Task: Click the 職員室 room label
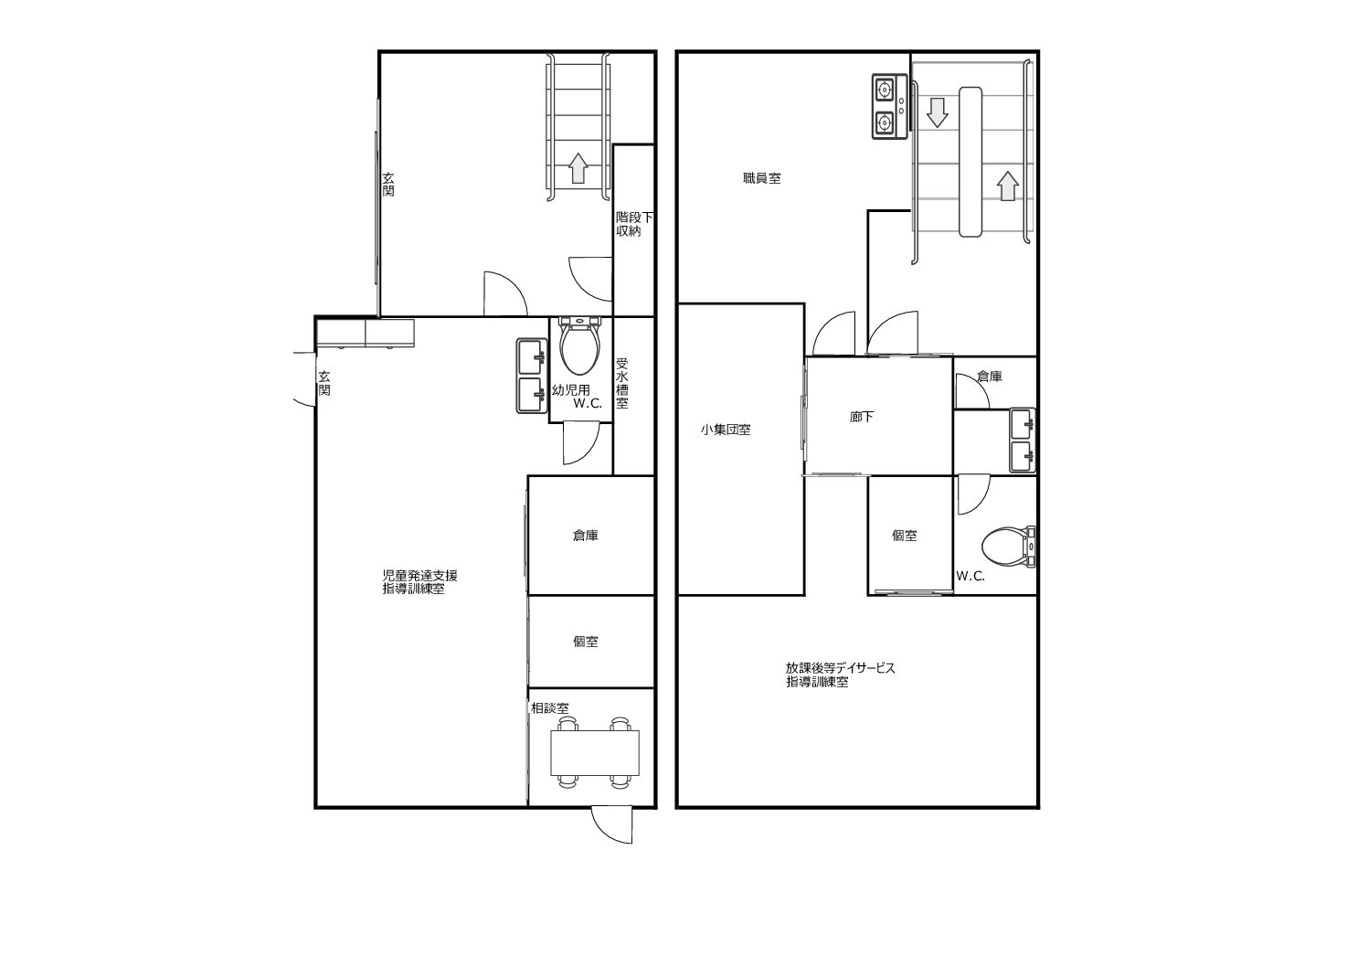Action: click(x=761, y=178)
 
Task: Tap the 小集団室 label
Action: click(x=726, y=430)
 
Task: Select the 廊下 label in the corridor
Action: click(x=861, y=417)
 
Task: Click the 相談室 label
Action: click(x=549, y=708)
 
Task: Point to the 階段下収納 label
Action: click(x=634, y=224)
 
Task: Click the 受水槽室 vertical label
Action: click(x=621, y=383)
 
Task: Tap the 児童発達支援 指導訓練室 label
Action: click(x=419, y=582)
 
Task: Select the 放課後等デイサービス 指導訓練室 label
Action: click(x=841, y=675)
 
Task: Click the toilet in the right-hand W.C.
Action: click(x=1008, y=547)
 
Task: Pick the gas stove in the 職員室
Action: click(x=889, y=107)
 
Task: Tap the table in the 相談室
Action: click(x=596, y=752)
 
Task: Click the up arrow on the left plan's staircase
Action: click(x=578, y=168)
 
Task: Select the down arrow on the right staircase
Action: click(x=937, y=112)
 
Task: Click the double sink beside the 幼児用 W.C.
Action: click(x=532, y=376)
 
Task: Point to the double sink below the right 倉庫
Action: click(x=1023, y=440)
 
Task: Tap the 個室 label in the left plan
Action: click(x=585, y=642)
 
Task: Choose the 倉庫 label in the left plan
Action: click(x=585, y=535)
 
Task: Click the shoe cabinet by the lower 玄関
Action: click(x=366, y=334)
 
